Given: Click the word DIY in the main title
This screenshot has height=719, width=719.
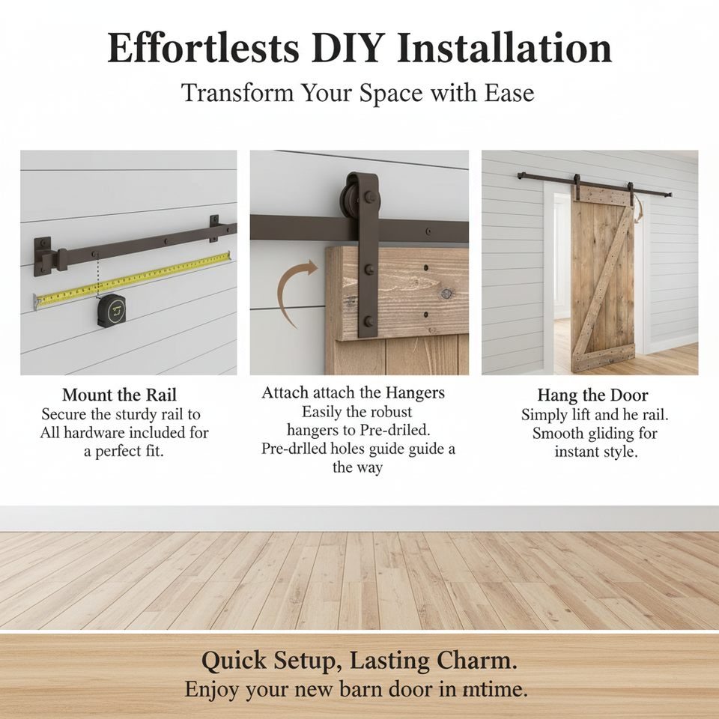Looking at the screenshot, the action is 346,48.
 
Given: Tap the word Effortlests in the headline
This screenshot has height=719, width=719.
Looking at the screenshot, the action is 203,48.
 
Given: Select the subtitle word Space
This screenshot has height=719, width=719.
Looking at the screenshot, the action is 391,93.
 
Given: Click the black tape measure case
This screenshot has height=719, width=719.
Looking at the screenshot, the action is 112,310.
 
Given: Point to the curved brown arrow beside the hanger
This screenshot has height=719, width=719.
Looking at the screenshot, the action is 287,288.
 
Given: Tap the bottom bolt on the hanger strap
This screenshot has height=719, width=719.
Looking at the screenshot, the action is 368,321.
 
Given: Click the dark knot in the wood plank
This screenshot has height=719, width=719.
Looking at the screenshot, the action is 446,293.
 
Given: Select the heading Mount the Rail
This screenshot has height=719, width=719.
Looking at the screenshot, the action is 119,395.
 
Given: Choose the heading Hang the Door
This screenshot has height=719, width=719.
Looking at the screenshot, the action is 592,395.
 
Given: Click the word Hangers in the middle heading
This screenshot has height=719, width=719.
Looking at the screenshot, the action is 415,393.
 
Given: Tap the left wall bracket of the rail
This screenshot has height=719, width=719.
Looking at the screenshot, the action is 43,257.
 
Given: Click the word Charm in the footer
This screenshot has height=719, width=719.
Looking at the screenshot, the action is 476,661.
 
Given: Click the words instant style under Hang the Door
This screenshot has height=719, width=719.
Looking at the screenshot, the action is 596,452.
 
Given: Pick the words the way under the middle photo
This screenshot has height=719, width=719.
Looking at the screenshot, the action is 358,467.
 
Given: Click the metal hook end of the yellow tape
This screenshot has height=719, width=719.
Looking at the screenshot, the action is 37,301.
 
